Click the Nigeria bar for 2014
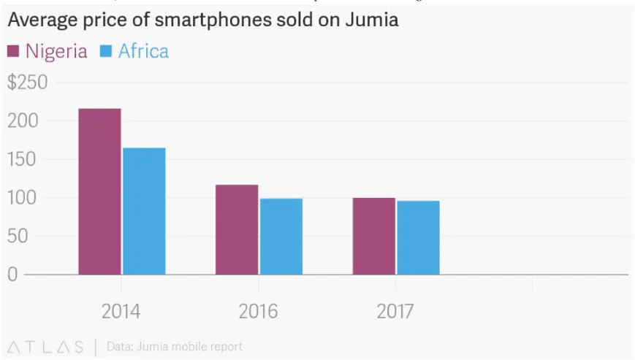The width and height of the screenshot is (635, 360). click(x=99, y=191)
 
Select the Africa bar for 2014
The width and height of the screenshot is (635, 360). click(x=144, y=211)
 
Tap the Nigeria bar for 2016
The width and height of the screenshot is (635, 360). click(x=237, y=229)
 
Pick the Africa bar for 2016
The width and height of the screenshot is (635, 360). click(x=281, y=236)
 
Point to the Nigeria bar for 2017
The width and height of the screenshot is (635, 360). click(x=373, y=236)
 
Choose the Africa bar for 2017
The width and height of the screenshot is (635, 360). click(x=418, y=237)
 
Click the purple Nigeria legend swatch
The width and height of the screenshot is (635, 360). click(x=13, y=51)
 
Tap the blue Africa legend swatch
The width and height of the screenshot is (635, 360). click(x=105, y=51)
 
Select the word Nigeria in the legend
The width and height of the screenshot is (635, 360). click(x=56, y=51)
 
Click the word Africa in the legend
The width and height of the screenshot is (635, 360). click(x=143, y=51)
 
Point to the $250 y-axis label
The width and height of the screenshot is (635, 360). click(x=27, y=83)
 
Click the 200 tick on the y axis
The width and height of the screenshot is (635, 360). click(x=22, y=121)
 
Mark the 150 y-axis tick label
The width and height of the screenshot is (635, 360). click(x=22, y=160)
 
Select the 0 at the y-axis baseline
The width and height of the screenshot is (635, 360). click(x=12, y=275)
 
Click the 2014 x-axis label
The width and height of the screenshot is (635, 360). click(x=121, y=312)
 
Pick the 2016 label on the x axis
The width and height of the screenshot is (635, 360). click(x=258, y=312)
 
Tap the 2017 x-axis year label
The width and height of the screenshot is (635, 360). click(x=395, y=312)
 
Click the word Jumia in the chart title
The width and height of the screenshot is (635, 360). click(x=370, y=20)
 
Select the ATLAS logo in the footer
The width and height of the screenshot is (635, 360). click(x=44, y=346)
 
